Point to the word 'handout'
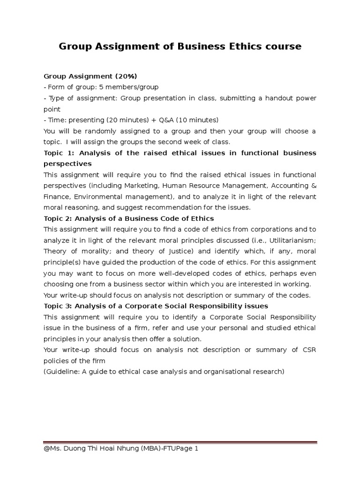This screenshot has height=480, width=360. [x=266, y=98]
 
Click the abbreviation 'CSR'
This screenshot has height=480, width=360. [x=308, y=350]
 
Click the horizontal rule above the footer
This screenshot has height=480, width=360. [x=180, y=442]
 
